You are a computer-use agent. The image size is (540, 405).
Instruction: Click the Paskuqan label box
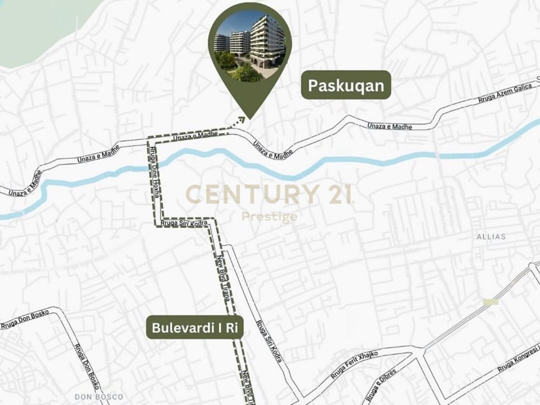coord(346,85)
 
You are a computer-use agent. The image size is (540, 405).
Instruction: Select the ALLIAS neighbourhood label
coord(490,237)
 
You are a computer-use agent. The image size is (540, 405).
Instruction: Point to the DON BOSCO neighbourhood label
coord(99,397)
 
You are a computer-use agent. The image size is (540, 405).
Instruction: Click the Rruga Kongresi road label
coord(519,358)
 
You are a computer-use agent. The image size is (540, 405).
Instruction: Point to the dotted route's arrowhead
coord(244,120)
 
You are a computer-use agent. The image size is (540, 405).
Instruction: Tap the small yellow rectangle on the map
coord(490,302)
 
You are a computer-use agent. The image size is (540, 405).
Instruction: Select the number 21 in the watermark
coord(337,194)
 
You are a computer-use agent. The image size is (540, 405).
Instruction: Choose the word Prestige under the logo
coord(269,217)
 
